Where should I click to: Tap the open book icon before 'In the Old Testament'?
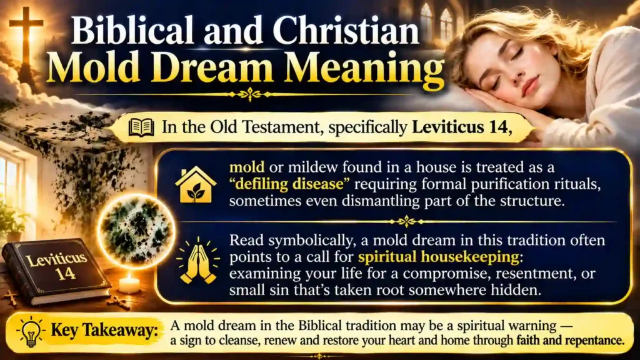tap(141, 127)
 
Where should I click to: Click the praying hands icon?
tap(198, 262)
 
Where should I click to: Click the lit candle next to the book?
tap(129, 283)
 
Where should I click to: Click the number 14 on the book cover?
tap(66, 274)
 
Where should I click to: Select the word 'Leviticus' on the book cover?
tap(56, 259)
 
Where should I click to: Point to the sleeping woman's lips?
tap(530, 86)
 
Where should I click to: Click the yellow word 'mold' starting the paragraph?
tap(246, 167)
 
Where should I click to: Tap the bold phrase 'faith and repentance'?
tap(570, 340)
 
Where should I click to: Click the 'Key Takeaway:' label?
tap(104, 331)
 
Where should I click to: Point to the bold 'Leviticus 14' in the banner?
tap(462, 127)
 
